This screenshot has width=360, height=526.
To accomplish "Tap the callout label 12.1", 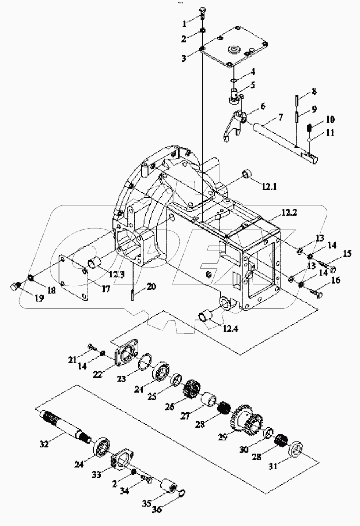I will click(269, 187).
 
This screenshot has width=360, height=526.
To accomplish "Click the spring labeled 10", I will click(310, 128).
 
